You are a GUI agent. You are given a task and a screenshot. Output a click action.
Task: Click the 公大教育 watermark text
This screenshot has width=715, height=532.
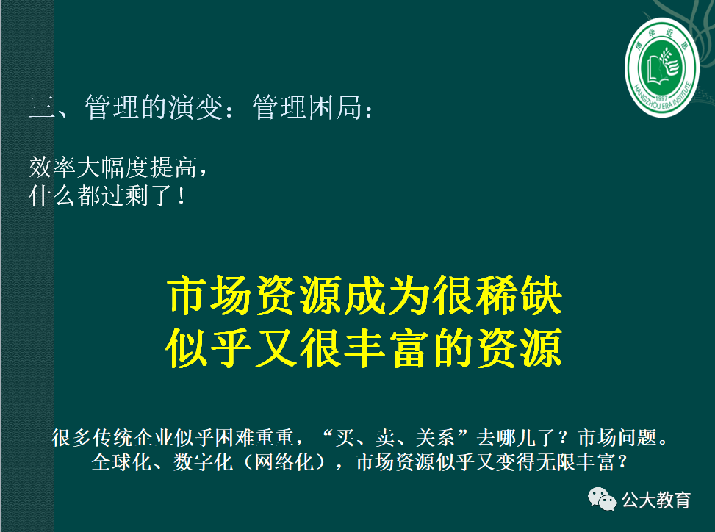coord(657,500)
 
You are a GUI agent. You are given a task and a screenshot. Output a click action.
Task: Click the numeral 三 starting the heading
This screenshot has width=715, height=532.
coord(41,109)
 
